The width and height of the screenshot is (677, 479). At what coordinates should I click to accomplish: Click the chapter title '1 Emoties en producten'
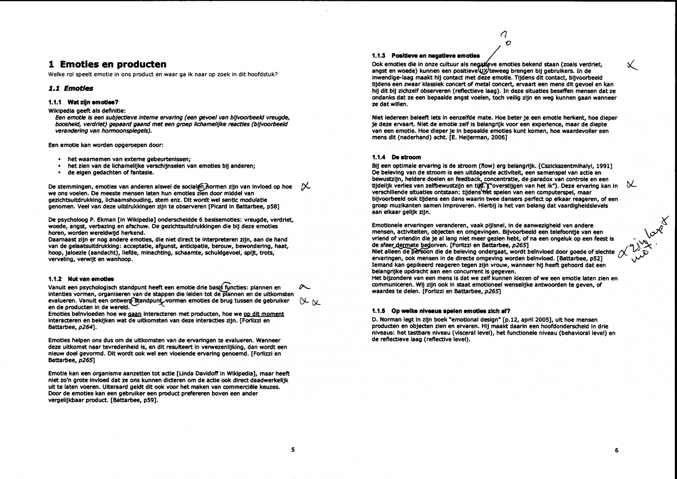pyautogui.click(x=107, y=64)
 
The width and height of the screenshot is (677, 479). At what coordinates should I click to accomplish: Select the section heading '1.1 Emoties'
pyautogui.click(x=71, y=88)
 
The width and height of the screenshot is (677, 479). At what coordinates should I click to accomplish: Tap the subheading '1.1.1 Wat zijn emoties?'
pyautogui.click(x=83, y=102)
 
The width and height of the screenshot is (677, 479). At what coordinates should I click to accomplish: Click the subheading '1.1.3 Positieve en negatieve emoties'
pyautogui.click(x=426, y=55)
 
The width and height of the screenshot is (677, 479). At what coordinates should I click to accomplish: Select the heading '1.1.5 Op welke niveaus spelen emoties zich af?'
pyautogui.click(x=441, y=310)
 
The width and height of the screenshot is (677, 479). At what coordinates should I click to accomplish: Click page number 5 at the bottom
pyautogui.click(x=293, y=450)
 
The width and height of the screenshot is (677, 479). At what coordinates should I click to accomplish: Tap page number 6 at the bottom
pyautogui.click(x=616, y=450)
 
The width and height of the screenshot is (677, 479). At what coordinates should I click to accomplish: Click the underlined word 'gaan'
pyautogui.click(x=134, y=314)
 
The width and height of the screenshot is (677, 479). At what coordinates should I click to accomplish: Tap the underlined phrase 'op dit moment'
pyautogui.click(x=264, y=314)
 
